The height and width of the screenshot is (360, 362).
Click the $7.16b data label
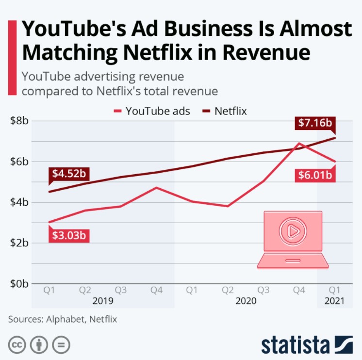315,123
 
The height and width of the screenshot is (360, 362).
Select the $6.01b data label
315,175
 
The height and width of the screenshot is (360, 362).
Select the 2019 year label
103,301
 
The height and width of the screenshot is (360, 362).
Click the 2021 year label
334,301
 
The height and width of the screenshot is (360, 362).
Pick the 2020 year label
246,301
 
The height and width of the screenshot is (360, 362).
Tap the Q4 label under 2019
156,290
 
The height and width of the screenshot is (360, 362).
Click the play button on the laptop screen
293,231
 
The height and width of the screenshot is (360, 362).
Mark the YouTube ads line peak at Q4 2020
299,143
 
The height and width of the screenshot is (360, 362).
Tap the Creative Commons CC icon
17,344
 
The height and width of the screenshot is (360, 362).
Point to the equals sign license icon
61,344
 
